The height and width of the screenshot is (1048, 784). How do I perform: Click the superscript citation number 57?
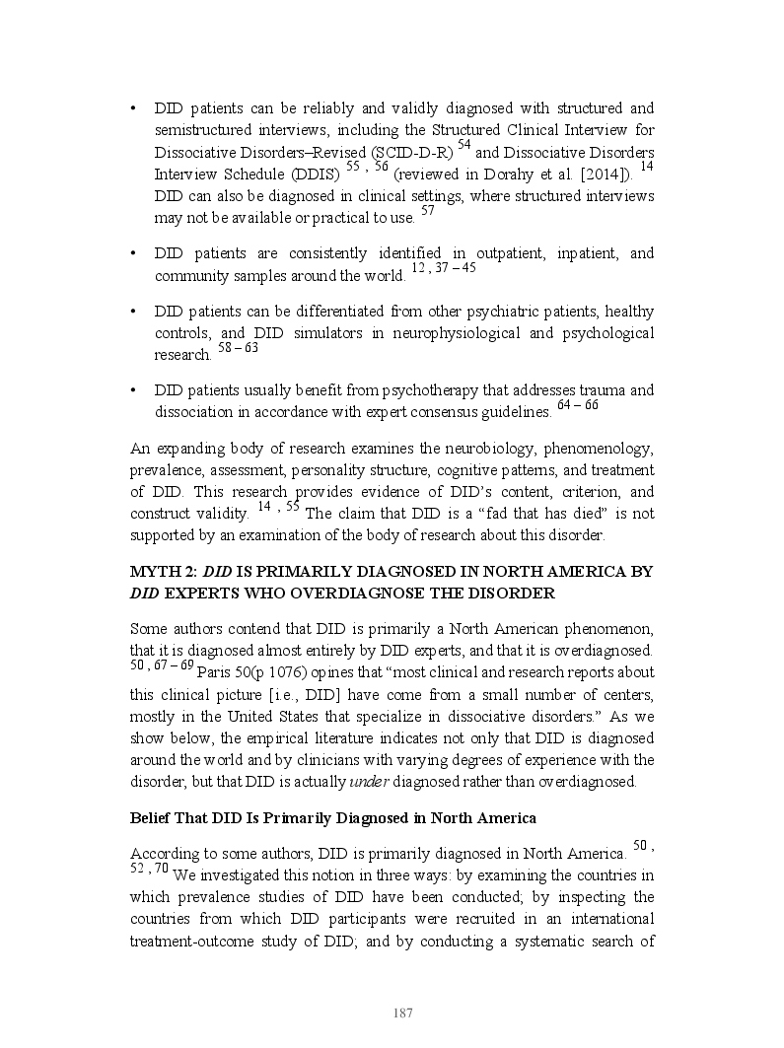(427, 211)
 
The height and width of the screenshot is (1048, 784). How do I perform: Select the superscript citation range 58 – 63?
(238, 348)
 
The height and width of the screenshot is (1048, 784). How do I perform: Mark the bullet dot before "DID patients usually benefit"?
(134, 391)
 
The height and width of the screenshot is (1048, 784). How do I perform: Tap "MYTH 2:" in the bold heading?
(163, 572)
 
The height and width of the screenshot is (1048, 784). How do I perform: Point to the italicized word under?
(361, 782)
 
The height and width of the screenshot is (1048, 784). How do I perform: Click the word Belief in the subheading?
(152, 818)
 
